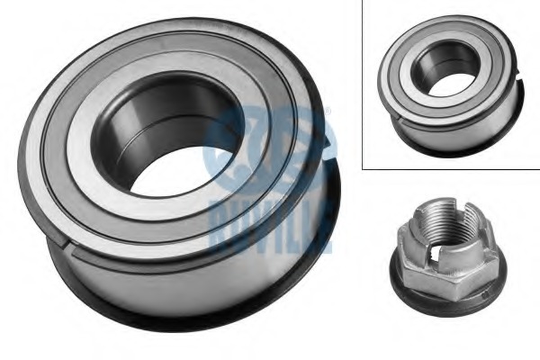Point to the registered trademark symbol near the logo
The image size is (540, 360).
(328, 111)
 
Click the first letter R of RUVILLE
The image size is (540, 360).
(219, 226)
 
